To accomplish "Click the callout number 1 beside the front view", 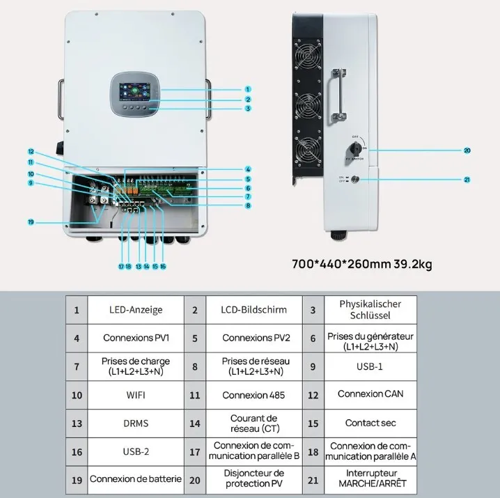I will (x=247, y=89).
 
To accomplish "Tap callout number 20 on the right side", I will (x=467, y=150).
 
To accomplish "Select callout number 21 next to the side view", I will (x=467, y=179).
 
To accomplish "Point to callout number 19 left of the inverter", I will (x=31, y=222).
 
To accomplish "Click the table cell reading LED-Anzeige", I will (x=136, y=309).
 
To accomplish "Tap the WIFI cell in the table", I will (x=136, y=395).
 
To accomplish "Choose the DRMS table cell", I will (x=136, y=423).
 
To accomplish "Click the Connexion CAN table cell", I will (x=370, y=394).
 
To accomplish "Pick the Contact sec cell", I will (x=370, y=423).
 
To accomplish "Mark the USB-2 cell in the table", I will (x=136, y=451).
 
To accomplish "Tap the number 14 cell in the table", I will (x=195, y=423).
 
